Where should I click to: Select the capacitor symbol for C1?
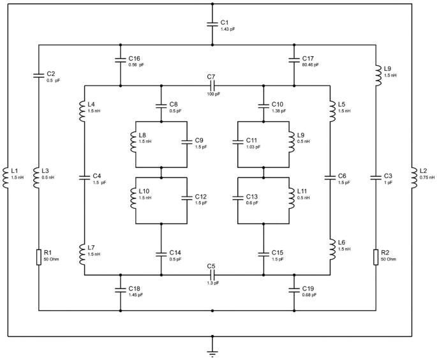click(212, 24)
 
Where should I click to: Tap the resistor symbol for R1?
click(39, 257)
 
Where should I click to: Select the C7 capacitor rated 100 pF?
click(212, 86)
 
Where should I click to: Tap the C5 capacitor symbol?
click(212, 275)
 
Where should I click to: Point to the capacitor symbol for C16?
click(120, 61)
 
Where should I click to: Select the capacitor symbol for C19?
click(293, 290)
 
